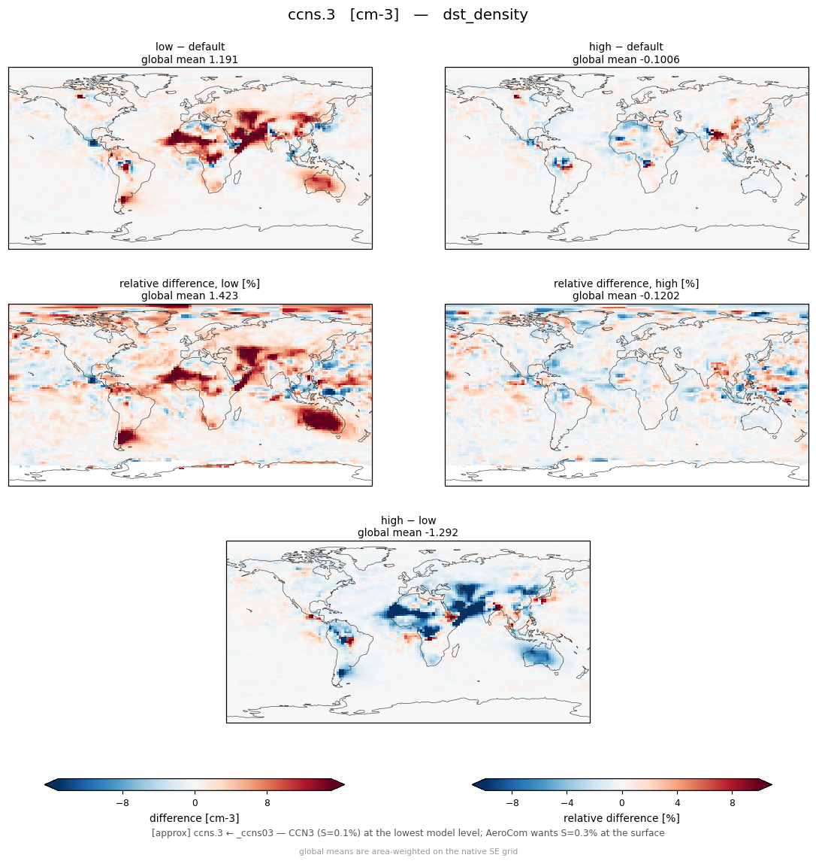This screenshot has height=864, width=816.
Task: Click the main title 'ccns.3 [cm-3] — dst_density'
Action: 407,14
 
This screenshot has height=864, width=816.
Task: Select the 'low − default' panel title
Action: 190,47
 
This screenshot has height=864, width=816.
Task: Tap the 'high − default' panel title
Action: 626,47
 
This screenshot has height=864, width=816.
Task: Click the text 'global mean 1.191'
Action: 189,59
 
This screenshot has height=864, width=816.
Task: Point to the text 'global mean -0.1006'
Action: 626,59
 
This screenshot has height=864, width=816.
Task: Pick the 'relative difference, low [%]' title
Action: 189,283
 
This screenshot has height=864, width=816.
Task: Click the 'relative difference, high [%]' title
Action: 626,283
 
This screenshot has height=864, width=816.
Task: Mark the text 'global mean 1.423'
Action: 189,296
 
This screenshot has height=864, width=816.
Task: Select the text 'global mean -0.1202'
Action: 626,296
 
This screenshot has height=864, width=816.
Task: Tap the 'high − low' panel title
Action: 408,520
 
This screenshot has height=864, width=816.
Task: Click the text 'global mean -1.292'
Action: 408,533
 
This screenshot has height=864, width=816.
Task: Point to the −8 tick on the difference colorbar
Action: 122,803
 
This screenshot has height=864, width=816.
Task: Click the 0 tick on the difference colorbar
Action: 195,803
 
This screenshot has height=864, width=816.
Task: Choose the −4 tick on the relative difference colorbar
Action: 567,803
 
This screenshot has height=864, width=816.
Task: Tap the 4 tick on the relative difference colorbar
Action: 677,803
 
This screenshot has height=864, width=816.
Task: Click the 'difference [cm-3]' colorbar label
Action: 195,818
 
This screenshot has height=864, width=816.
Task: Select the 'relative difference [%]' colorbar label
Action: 621,818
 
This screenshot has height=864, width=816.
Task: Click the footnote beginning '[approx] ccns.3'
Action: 408,833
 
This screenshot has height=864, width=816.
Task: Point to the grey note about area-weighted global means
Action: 408,851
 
